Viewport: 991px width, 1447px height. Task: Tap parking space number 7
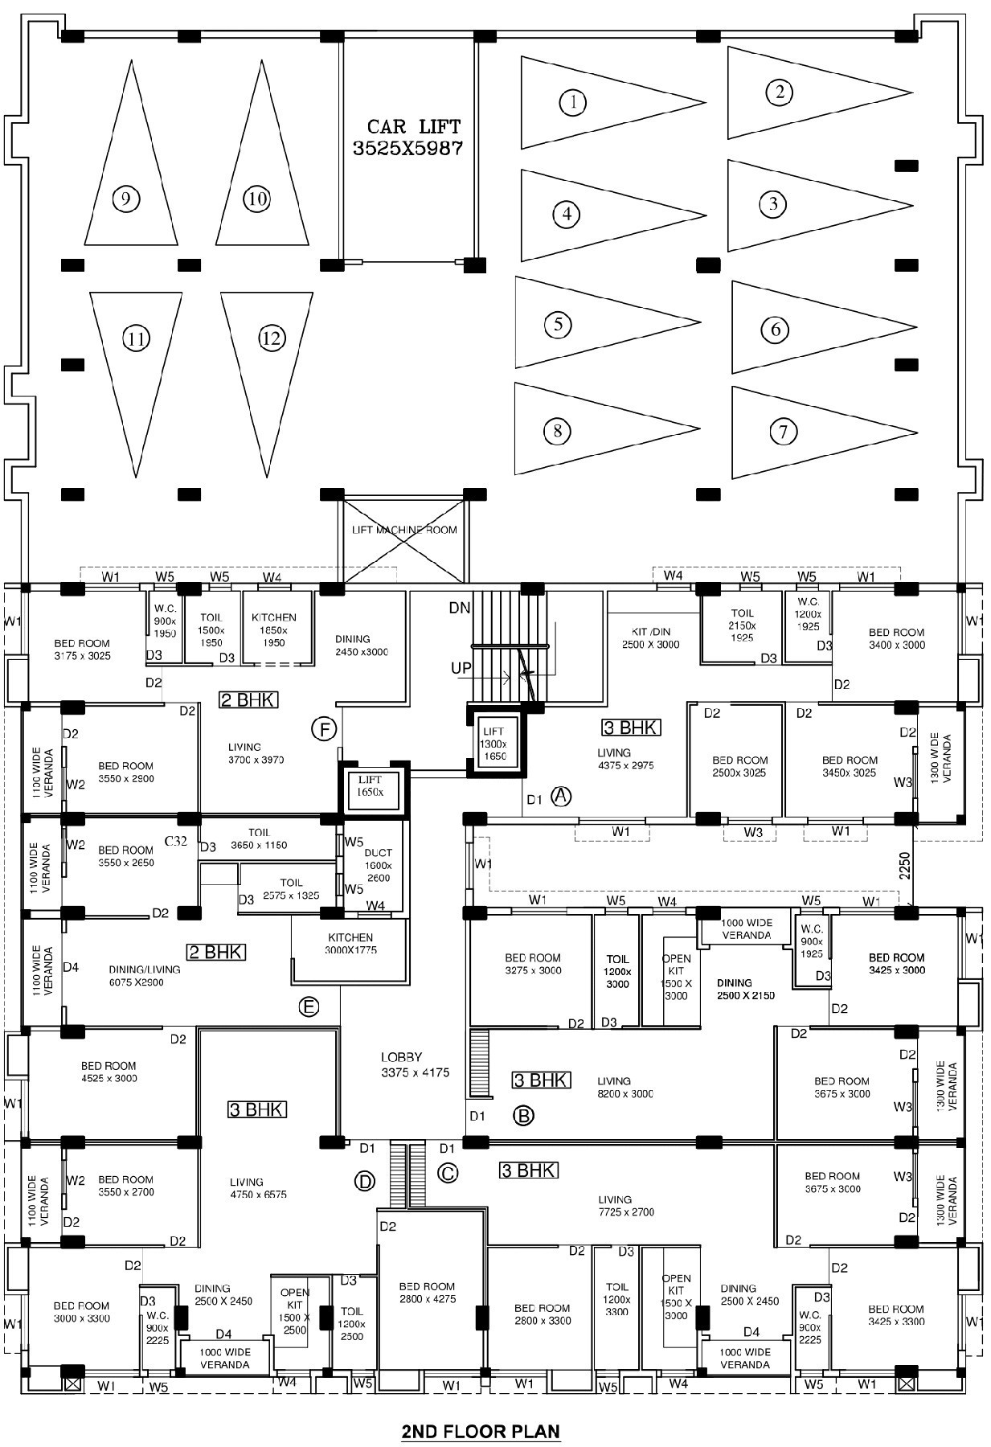784,432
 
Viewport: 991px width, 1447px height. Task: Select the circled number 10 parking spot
256,199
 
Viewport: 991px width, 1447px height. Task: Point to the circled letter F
323,730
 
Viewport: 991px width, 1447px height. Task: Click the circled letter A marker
561,796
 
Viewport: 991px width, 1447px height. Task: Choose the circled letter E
309,1006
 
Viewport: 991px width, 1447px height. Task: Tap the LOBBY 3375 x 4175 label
413,1064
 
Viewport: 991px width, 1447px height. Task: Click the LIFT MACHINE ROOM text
404,530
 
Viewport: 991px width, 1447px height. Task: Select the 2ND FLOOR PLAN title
481,1431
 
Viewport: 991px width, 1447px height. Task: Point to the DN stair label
460,609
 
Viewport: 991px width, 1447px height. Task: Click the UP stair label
461,668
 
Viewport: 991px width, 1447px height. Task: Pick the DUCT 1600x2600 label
378,865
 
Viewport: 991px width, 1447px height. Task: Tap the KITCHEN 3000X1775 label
350,943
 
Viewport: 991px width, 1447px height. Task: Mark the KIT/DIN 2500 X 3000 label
650,637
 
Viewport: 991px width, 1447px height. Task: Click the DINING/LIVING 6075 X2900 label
145,975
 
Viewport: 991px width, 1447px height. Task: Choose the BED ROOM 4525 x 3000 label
109,1072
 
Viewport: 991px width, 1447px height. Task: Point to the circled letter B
523,1115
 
